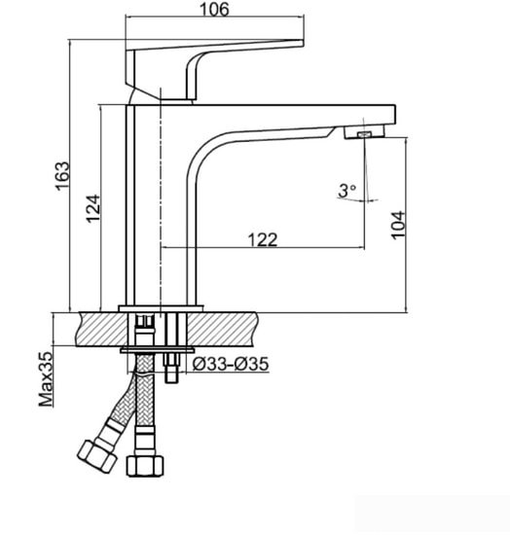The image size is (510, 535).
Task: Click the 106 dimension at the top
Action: tap(213, 11)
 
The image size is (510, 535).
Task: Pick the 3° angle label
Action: tap(347, 191)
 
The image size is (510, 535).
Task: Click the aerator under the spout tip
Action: tap(362, 133)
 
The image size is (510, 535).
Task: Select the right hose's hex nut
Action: tap(143, 465)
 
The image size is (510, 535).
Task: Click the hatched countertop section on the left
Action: tap(97, 328)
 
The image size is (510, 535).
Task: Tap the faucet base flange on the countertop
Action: tap(161, 308)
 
